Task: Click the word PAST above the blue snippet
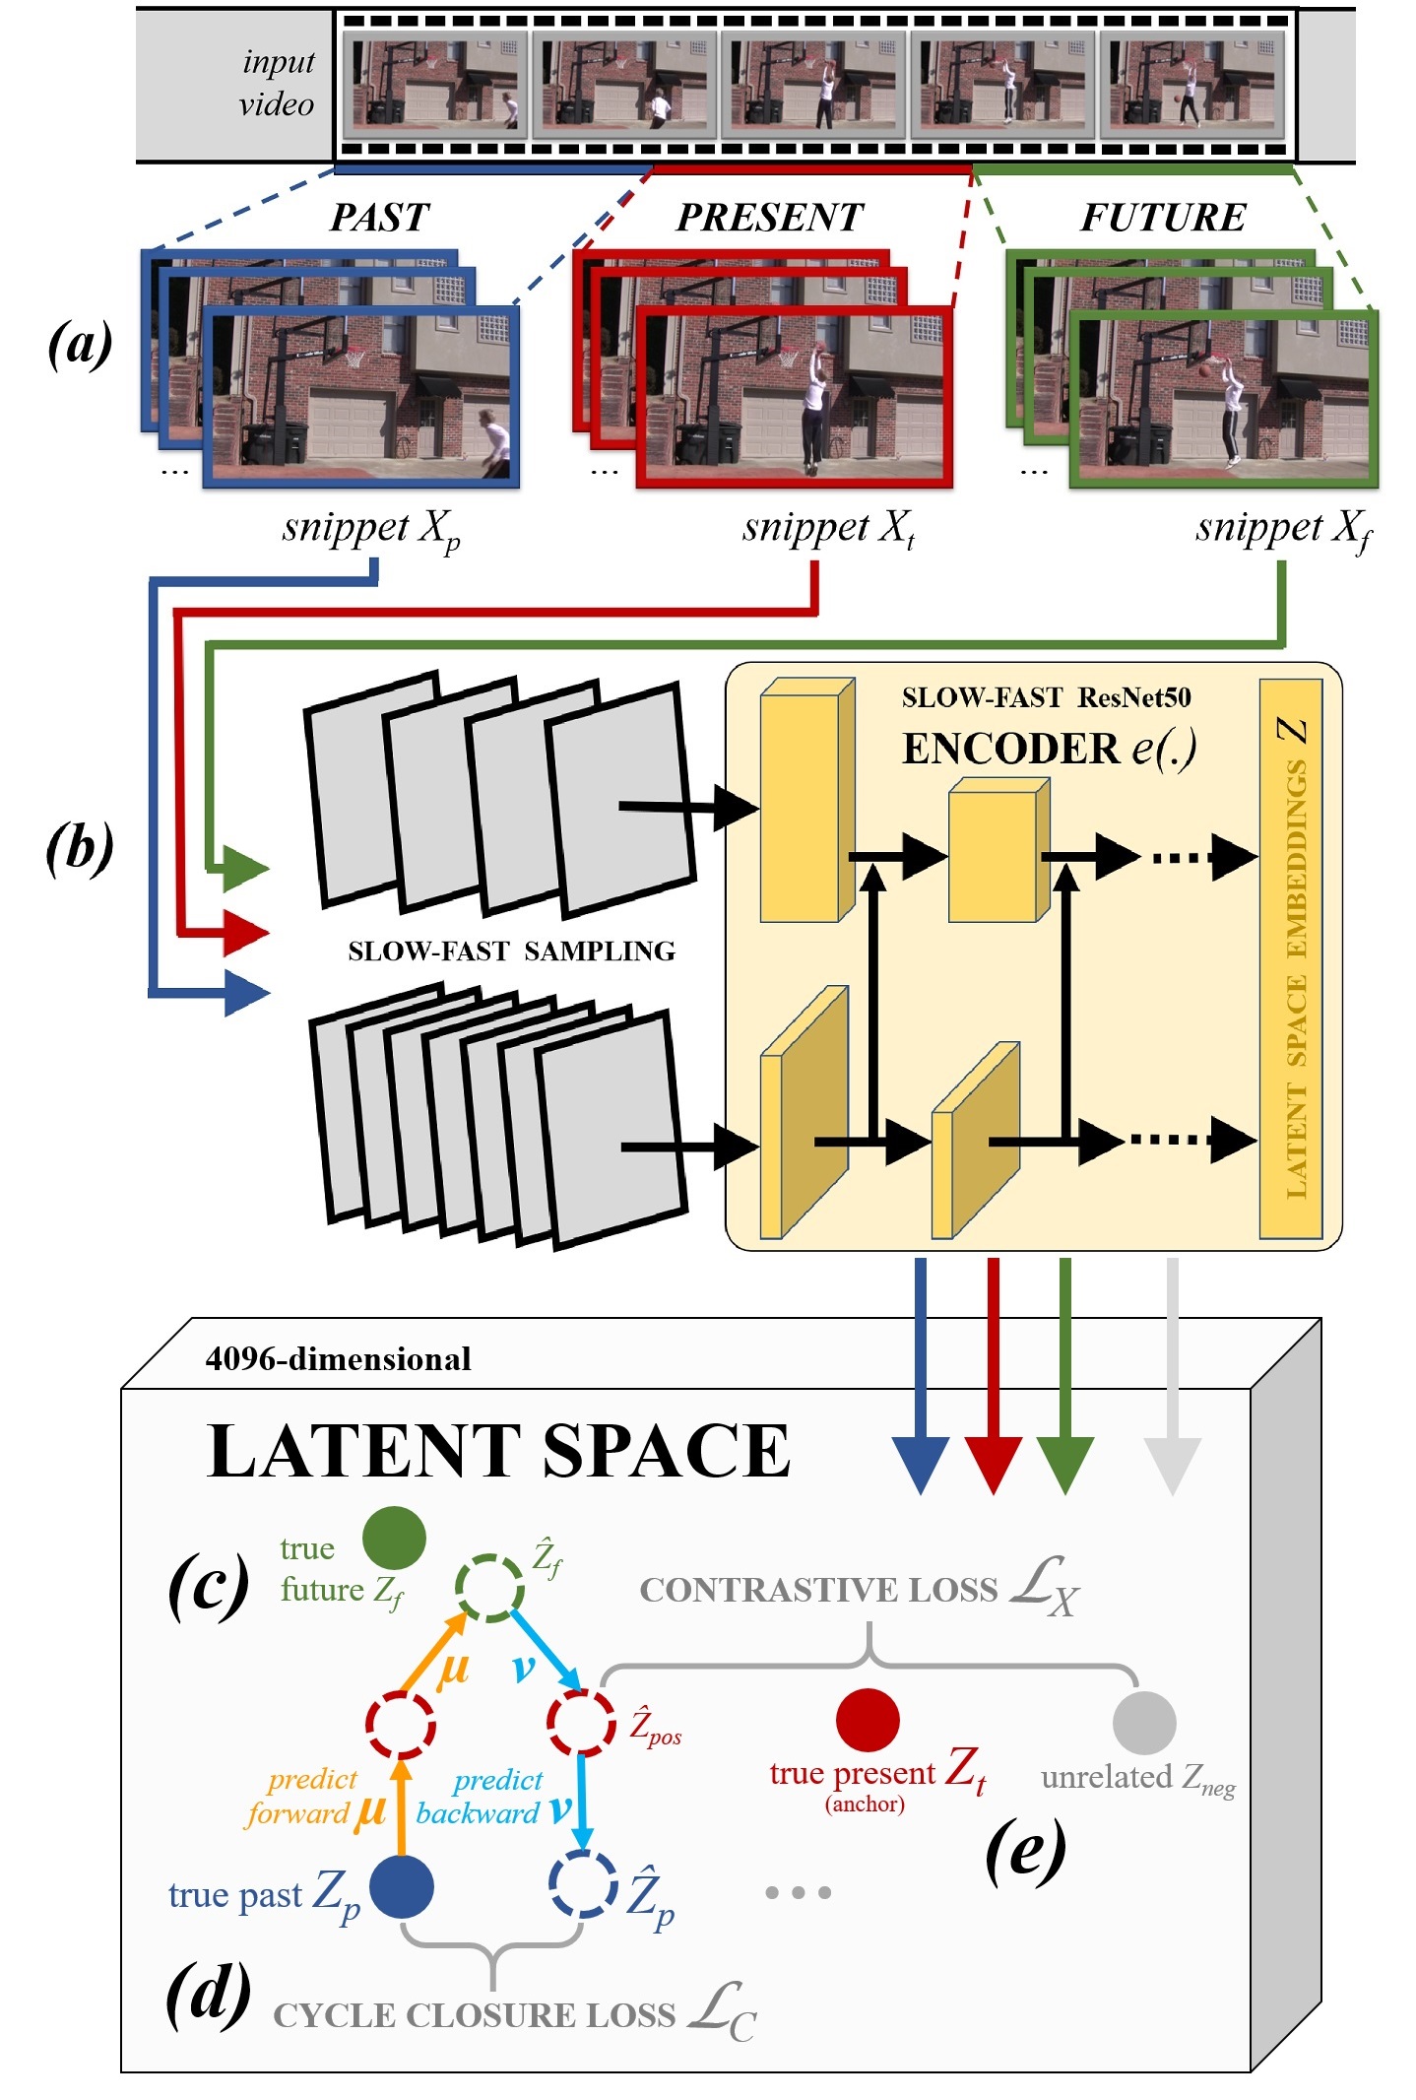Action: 380,217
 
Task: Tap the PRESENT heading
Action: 770,217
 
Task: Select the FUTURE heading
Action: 1163,217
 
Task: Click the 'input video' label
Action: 277,83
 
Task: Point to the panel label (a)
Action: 81,345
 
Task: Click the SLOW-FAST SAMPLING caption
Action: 511,952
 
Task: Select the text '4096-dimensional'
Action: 338,1359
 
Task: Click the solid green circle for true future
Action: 394,1538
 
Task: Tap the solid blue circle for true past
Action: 402,1886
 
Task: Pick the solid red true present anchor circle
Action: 868,1720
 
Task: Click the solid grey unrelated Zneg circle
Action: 1144,1723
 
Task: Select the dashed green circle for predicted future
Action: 489,1588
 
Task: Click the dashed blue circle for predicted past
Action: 583,1884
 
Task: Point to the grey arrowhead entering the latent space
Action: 1172,1465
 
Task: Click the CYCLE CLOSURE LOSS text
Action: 475,2016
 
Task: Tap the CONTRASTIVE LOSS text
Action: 818,1591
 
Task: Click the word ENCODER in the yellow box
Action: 1011,749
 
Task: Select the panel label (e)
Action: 1025,1850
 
